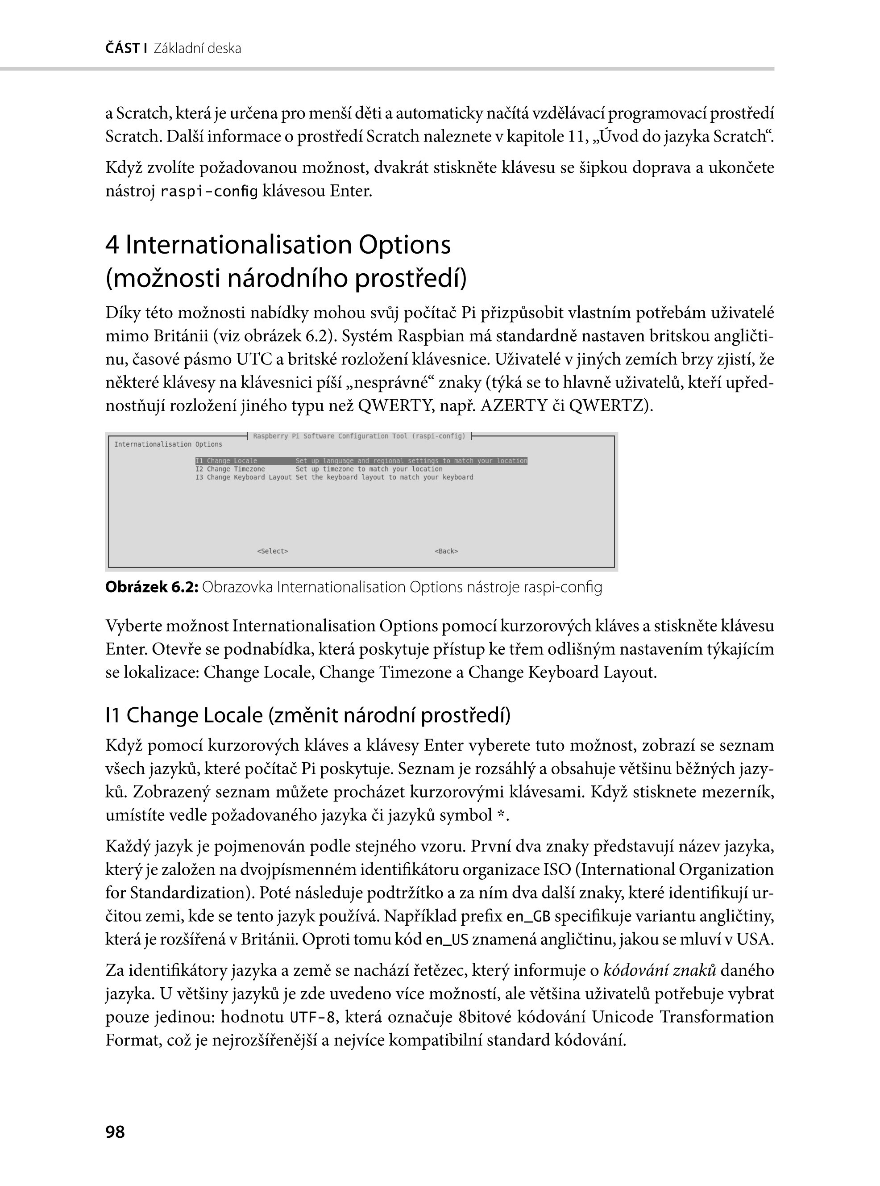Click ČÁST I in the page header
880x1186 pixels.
(x=126, y=49)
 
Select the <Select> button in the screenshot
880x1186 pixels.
(x=272, y=551)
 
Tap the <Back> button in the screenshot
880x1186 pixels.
(x=446, y=551)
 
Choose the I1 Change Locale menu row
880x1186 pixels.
(x=361, y=460)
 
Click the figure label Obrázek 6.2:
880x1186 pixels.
(x=152, y=587)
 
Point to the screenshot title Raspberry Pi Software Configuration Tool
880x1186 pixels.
(x=359, y=436)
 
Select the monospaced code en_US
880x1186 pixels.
(x=447, y=940)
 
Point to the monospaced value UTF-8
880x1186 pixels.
(x=312, y=1018)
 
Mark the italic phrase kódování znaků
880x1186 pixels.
(x=660, y=971)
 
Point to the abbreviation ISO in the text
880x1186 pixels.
(x=557, y=870)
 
